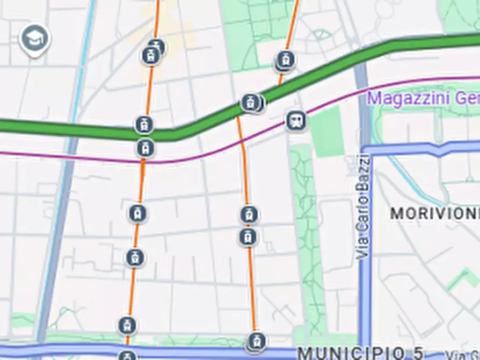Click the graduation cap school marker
pos(34,39)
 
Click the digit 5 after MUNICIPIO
pos(418,353)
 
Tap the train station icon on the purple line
pos(296,120)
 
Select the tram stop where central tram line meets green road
pos(250,102)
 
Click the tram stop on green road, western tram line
pos(144,125)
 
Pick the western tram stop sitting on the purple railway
pos(145,148)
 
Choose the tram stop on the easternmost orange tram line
pos(285,60)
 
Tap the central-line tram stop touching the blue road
pos(256,341)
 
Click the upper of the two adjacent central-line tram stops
pos(248,214)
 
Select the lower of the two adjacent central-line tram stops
pos(248,237)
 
